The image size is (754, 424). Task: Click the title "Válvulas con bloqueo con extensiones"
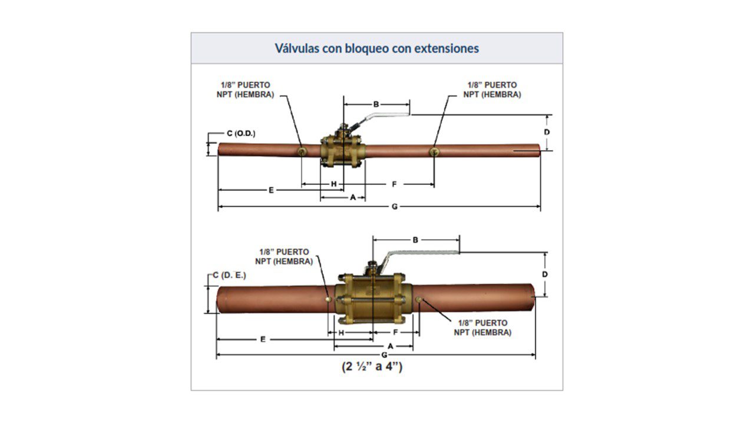pos(376,48)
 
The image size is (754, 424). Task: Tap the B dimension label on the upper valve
pos(376,104)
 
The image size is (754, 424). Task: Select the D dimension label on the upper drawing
pos(547,132)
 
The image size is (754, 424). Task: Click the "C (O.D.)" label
pos(241,134)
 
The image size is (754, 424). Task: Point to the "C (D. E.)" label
pos(229,275)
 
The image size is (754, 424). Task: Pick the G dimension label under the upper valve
pos(395,207)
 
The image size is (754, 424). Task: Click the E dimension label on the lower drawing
pos(263,339)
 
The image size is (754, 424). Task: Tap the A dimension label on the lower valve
pos(391,346)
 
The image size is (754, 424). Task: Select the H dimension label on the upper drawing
pos(333,184)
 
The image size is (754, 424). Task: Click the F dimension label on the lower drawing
pos(395,333)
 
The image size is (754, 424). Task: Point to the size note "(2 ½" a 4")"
pos(372,366)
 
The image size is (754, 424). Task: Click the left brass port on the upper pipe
pos(302,152)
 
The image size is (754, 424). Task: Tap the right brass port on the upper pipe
pos(434,152)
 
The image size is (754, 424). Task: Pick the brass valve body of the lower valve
pos(373,299)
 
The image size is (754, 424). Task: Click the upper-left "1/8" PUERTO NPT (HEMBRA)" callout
pos(246,90)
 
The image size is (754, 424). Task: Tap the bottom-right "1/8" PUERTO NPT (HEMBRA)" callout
pos(482,328)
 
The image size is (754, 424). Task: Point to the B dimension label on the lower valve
pos(415,240)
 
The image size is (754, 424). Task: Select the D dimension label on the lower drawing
pos(545,274)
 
